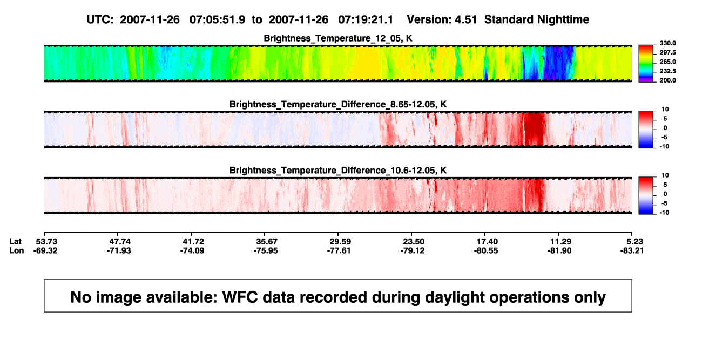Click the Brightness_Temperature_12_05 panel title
pyautogui.click(x=338, y=38)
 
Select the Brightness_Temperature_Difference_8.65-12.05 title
pyautogui.click(x=338, y=104)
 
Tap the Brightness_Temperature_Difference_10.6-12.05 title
pyautogui.click(x=338, y=171)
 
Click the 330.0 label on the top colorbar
pyautogui.click(x=667, y=43)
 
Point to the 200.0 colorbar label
pyautogui.click(x=667, y=80)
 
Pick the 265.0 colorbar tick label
pyautogui.click(x=667, y=62)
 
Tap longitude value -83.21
pyautogui.click(x=632, y=250)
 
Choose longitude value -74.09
pyautogui.click(x=192, y=250)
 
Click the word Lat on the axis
pyautogui.click(x=15, y=242)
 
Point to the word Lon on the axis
pyautogui.click(x=16, y=250)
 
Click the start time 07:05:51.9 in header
pyautogui.click(x=217, y=19)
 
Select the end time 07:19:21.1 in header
pyautogui.click(x=366, y=19)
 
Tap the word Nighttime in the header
pyautogui.click(x=563, y=19)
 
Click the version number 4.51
pyautogui.click(x=465, y=19)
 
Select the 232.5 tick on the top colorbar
pyautogui.click(x=667, y=71)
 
